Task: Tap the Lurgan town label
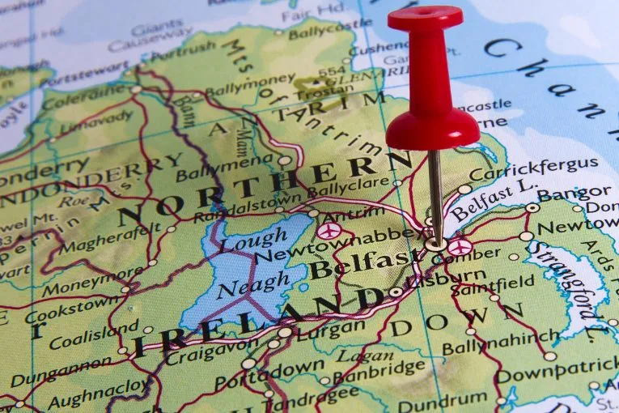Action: coord(329,328)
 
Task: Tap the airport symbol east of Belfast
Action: coord(460,247)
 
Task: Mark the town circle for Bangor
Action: coord(532,207)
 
